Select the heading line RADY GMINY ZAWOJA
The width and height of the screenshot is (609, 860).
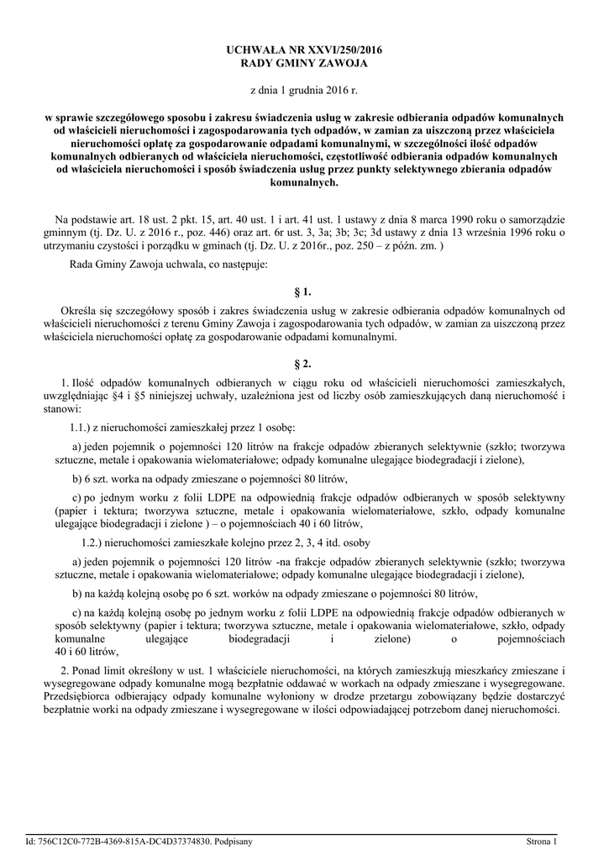(x=304, y=64)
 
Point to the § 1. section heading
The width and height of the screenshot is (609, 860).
(x=304, y=292)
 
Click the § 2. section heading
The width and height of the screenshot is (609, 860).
(x=304, y=364)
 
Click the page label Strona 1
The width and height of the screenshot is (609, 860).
(x=541, y=841)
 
